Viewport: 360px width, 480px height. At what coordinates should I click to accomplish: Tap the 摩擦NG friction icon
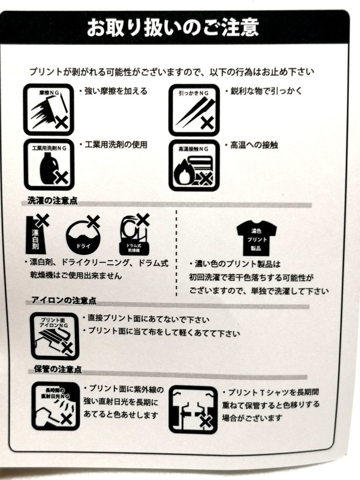[49, 109]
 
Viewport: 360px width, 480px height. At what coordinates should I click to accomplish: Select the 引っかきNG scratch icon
[194, 110]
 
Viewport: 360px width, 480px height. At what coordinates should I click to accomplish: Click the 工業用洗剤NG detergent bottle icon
[49, 165]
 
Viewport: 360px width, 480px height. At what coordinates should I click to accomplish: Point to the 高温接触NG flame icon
[194, 165]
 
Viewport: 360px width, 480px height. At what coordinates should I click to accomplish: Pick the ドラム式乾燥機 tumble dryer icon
[134, 234]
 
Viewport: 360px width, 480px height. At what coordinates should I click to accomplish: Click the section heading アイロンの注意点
[64, 300]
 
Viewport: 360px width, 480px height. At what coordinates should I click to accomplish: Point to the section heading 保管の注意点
[58, 369]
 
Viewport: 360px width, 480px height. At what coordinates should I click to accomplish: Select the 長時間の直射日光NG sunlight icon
[54, 406]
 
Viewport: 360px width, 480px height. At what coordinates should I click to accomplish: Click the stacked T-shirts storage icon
[193, 409]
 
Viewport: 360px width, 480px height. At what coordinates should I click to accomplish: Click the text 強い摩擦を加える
[115, 91]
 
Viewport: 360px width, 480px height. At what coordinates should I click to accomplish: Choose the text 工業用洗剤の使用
[115, 145]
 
